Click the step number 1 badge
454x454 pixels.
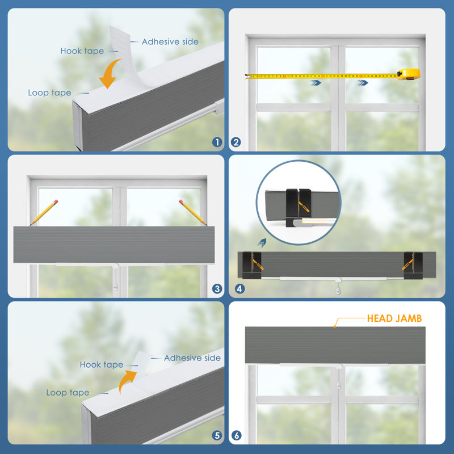(x=217, y=142)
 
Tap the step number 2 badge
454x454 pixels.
(x=236, y=142)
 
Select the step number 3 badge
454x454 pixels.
(x=217, y=289)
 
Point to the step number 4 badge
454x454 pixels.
(x=239, y=289)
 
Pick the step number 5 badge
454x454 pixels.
(x=217, y=435)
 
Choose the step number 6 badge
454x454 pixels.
(x=237, y=435)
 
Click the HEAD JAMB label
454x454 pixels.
(x=394, y=318)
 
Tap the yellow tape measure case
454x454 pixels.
(x=409, y=74)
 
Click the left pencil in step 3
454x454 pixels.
(x=44, y=212)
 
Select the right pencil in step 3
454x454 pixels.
(x=193, y=212)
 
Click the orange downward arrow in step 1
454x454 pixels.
(x=110, y=74)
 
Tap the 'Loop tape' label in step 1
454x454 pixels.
(x=49, y=93)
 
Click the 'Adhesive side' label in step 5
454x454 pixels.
(x=192, y=358)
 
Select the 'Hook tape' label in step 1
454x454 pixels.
(x=82, y=51)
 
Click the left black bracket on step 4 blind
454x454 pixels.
(x=252, y=265)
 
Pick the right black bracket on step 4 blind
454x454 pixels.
(x=413, y=265)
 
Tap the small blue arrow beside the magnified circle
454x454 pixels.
(x=262, y=243)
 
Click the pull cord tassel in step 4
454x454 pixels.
(x=338, y=290)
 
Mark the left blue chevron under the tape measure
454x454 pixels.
(x=316, y=83)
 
